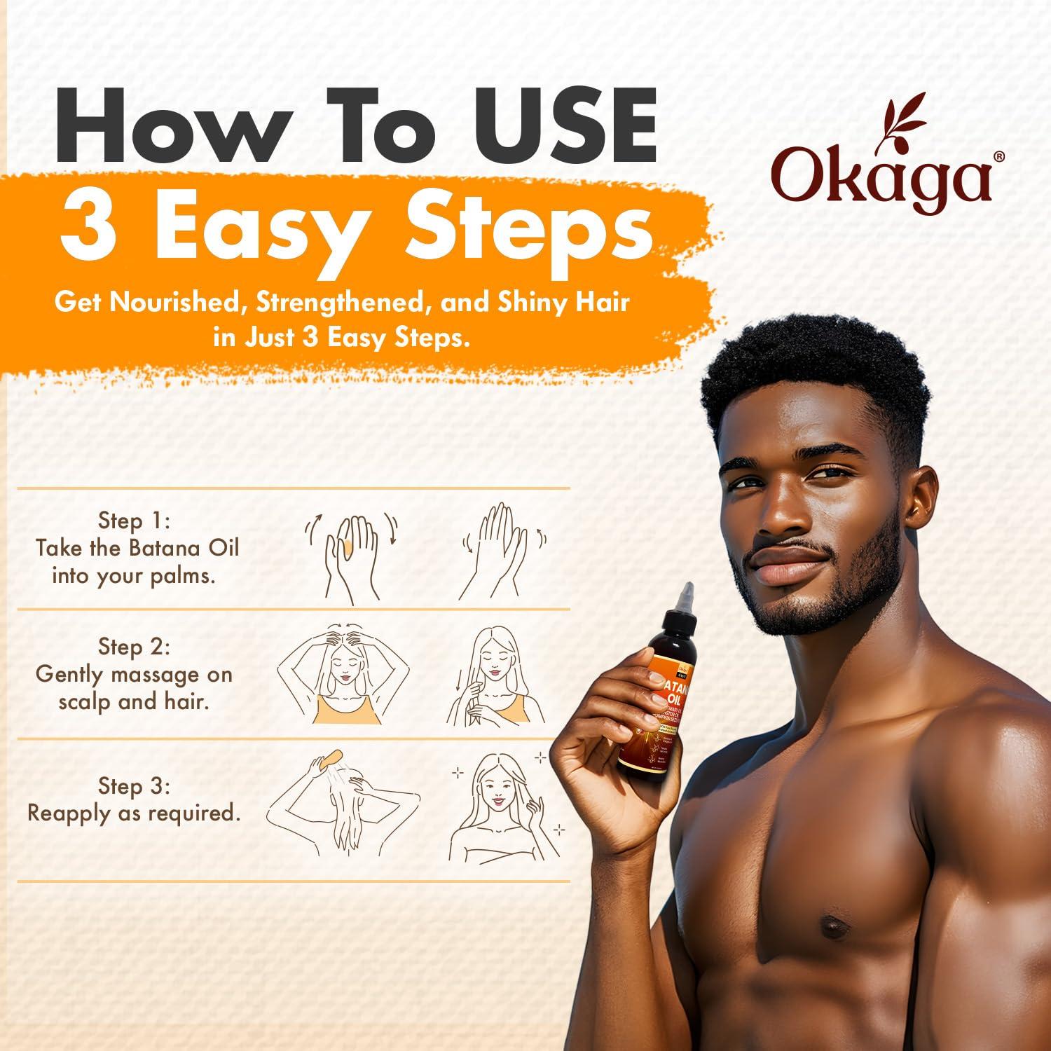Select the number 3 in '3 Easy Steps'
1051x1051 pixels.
tap(88, 226)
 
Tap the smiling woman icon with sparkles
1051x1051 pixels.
tap(499, 806)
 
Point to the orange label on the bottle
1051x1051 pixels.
tap(666, 694)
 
